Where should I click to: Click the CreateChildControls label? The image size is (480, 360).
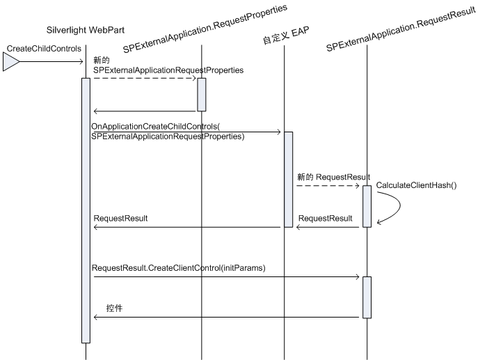(44, 49)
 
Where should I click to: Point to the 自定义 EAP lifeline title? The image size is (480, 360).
(286, 38)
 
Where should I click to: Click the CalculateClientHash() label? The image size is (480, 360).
(416, 186)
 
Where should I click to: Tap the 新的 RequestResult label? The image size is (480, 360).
(333, 178)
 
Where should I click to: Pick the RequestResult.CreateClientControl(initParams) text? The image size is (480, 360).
(178, 268)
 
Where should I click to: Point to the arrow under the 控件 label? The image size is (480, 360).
(226, 318)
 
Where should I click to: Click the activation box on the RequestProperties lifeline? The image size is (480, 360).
(202, 94)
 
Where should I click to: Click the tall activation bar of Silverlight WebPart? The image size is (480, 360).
(86, 209)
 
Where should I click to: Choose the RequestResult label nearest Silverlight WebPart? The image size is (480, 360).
(120, 219)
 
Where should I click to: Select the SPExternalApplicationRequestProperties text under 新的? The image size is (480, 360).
(168, 70)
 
